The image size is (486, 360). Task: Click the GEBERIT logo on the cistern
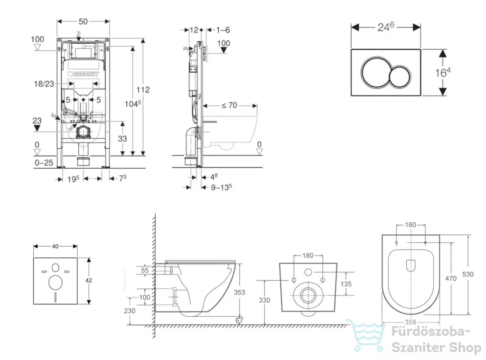pyautogui.click(x=84, y=74)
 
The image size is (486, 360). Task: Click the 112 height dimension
pyautogui.click(x=143, y=90)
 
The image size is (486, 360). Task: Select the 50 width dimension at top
pyautogui.click(x=83, y=21)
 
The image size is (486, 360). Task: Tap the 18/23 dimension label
pyautogui.click(x=44, y=84)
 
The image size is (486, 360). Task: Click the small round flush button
pyautogui.click(x=400, y=76)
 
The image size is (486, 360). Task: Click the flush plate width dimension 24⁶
pyautogui.click(x=386, y=27)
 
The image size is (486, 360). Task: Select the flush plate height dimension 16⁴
pyautogui.click(x=443, y=72)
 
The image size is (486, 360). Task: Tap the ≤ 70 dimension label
pyautogui.click(x=229, y=105)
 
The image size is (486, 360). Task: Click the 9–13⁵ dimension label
pyautogui.click(x=221, y=187)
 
